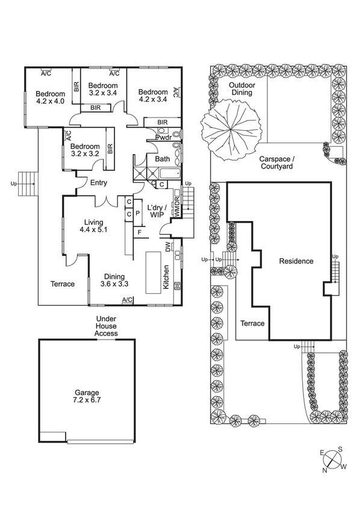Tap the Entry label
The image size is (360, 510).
coord(99,183)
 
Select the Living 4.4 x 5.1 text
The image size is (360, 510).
coord(94,225)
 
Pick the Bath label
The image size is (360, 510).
coord(163,160)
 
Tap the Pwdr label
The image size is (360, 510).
coord(163,137)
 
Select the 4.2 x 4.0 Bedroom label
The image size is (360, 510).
coord(49,98)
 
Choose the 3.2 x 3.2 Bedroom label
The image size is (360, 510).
coord(84,150)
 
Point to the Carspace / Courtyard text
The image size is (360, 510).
coord(276,163)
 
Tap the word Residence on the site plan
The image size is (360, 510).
coord(296,261)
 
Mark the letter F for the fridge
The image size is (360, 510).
coord(140,232)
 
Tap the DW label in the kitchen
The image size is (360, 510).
coord(169,246)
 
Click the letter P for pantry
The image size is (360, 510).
coord(137,213)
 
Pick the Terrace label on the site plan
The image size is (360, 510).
coord(252,323)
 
